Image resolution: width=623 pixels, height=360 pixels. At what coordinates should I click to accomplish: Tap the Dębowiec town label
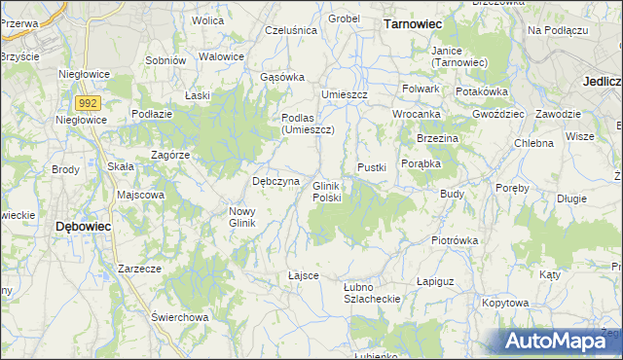pyautogui.click(x=83, y=226)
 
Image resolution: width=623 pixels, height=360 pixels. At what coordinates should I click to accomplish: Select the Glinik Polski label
pyautogui.click(x=326, y=192)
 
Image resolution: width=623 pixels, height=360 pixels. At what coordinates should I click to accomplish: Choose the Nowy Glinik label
pyautogui.click(x=241, y=217)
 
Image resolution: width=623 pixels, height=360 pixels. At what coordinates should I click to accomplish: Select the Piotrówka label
pyautogui.click(x=457, y=239)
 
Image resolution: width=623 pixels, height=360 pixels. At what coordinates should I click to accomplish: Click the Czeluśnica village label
pyautogui.click(x=291, y=30)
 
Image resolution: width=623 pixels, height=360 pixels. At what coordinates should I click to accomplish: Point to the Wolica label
pyautogui.click(x=207, y=19)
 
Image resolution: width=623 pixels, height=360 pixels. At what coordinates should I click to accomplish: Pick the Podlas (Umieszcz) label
pyautogui.click(x=308, y=124)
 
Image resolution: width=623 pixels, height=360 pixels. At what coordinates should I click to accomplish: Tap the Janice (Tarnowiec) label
pyautogui.click(x=459, y=56)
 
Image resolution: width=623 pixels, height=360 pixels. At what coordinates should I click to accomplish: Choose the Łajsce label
pyautogui.click(x=304, y=275)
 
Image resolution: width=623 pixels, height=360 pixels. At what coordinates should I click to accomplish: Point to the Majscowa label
pyautogui.click(x=141, y=195)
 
